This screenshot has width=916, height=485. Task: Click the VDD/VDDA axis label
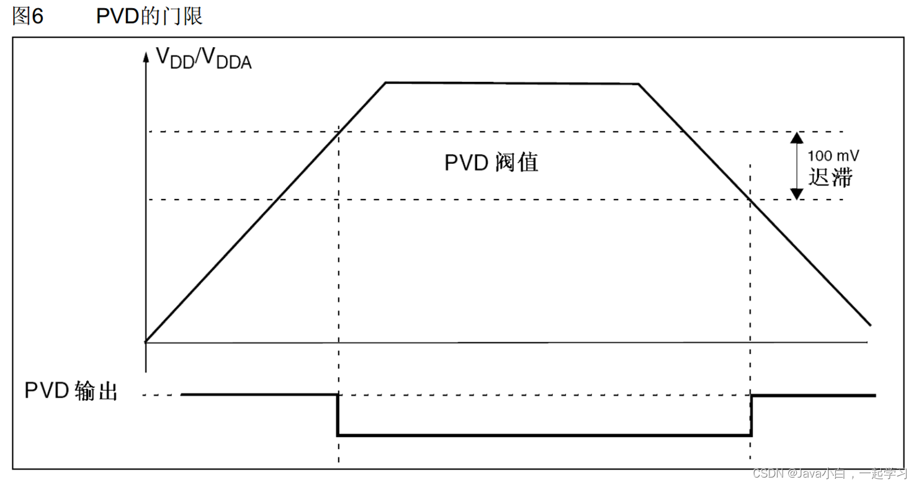click(x=203, y=59)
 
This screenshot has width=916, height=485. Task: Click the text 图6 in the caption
click(x=29, y=17)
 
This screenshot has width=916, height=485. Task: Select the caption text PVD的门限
click(x=149, y=17)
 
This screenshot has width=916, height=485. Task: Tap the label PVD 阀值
click(x=491, y=162)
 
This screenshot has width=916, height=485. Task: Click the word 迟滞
click(x=830, y=178)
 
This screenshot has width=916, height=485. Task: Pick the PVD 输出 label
click(x=71, y=391)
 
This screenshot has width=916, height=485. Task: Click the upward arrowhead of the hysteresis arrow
click(x=796, y=138)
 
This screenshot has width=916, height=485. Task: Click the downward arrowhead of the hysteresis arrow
click(x=796, y=194)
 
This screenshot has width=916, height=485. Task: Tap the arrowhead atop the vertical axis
click(x=146, y=57)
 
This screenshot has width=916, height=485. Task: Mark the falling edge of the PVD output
click(x=338, y=414)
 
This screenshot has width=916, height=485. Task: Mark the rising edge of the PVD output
click(x=751, y=414)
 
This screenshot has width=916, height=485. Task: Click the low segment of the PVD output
click(x=544, y=435)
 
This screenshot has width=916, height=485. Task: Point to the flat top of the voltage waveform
click(x=512, y=83)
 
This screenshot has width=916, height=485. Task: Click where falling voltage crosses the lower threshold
click(x=747, y=199)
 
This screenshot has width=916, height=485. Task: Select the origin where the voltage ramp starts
click(x=146, y=341)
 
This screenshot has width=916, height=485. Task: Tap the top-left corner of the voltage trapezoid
click(x=386, y=82)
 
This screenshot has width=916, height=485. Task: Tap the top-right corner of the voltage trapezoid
click(x=638, y=84)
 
